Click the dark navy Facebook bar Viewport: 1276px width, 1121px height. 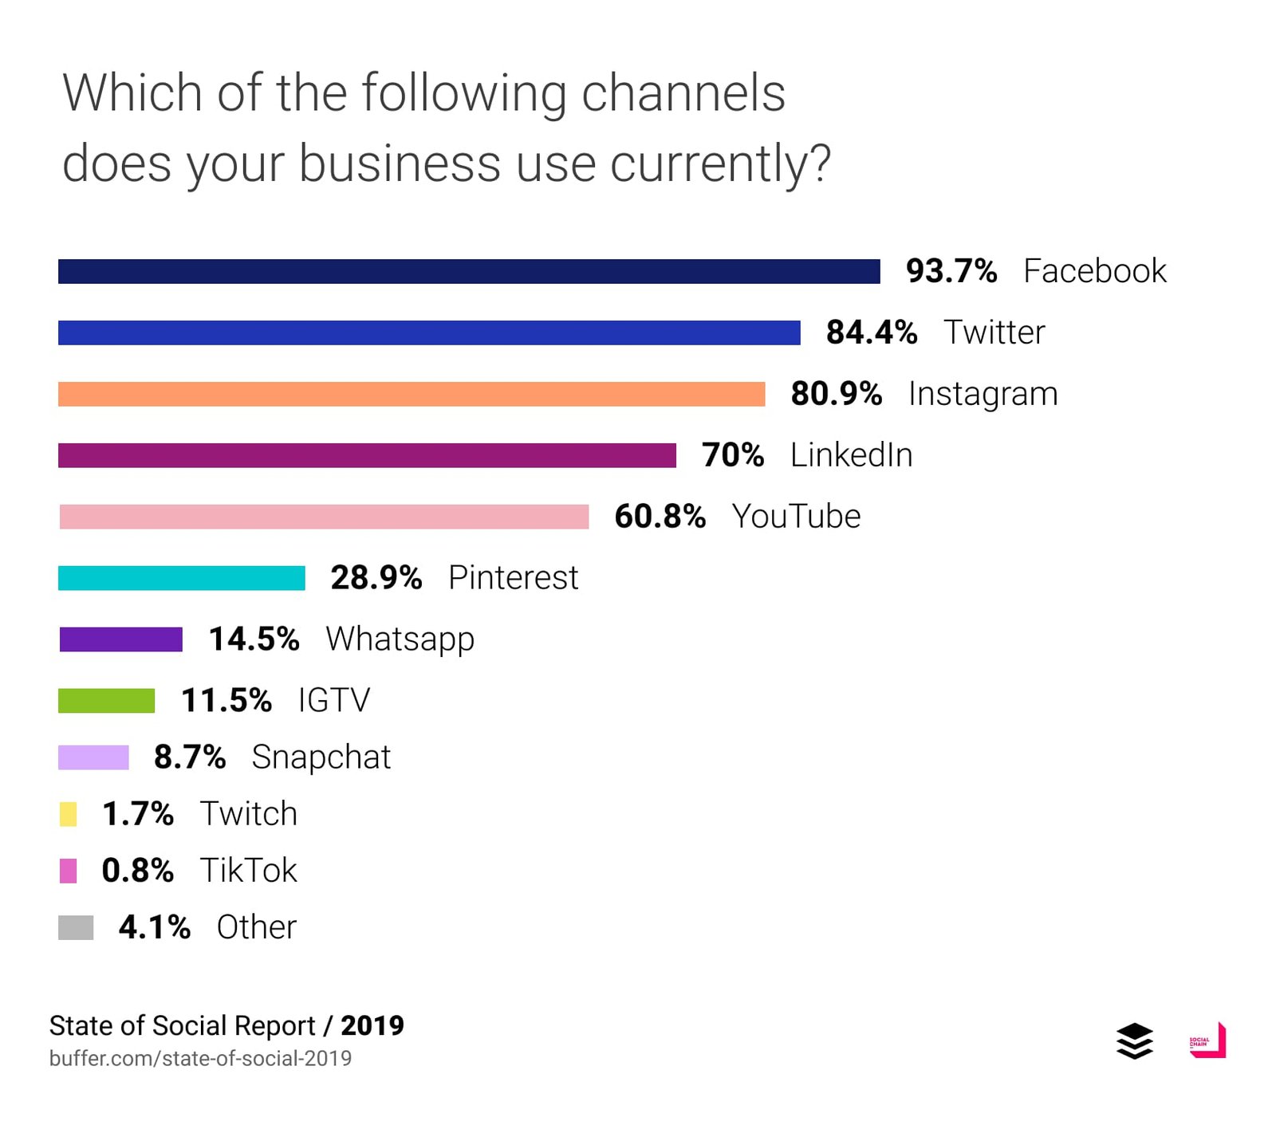point(469,271)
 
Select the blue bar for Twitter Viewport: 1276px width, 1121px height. point(429,332)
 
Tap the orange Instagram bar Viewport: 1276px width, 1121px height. point(412,394)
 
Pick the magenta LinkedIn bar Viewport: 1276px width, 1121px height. point(367,455)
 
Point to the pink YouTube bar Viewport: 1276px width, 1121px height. point(324,517)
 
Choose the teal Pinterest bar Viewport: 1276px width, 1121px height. point(182,578)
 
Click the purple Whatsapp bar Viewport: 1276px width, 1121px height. point(120,639)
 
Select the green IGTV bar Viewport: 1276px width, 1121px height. point(106,701)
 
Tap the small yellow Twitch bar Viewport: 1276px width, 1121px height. point(69,814)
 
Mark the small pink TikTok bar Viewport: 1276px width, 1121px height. point(69,871)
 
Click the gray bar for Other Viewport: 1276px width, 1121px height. point(76,927)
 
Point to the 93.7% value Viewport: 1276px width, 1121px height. point(951,271)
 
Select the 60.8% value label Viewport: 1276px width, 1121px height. point(660,517)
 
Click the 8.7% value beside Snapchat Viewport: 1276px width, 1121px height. point(190,757)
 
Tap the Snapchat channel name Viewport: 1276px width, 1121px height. point(321,757)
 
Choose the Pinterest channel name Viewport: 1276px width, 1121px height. point(513,578)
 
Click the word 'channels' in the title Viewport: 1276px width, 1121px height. point(683,93)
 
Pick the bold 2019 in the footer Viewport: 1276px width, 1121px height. point(372,1025)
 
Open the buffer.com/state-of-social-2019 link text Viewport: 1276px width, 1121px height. point(200,1058)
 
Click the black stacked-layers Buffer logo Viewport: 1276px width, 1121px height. point(1134,1040)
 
